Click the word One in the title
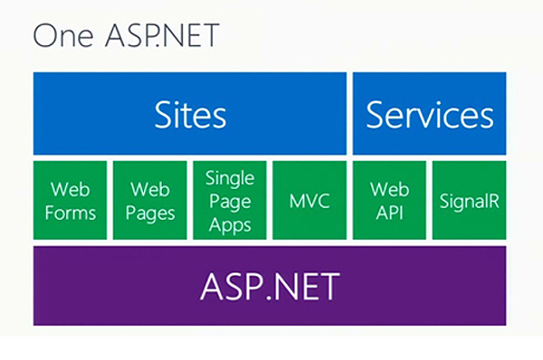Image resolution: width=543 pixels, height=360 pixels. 60,38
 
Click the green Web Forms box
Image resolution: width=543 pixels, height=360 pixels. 70,199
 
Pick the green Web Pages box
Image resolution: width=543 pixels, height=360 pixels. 150,199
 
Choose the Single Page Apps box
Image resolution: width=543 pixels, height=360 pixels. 230,199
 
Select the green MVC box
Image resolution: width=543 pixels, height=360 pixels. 309,199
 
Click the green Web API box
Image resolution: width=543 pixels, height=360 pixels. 389,199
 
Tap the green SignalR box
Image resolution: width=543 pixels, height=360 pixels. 469,199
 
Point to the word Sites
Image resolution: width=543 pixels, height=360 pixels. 190,116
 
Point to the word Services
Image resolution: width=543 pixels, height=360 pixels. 430,116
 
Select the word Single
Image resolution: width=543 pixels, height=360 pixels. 230,177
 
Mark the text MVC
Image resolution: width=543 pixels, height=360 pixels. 309,200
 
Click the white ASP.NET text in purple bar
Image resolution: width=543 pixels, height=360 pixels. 270,286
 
